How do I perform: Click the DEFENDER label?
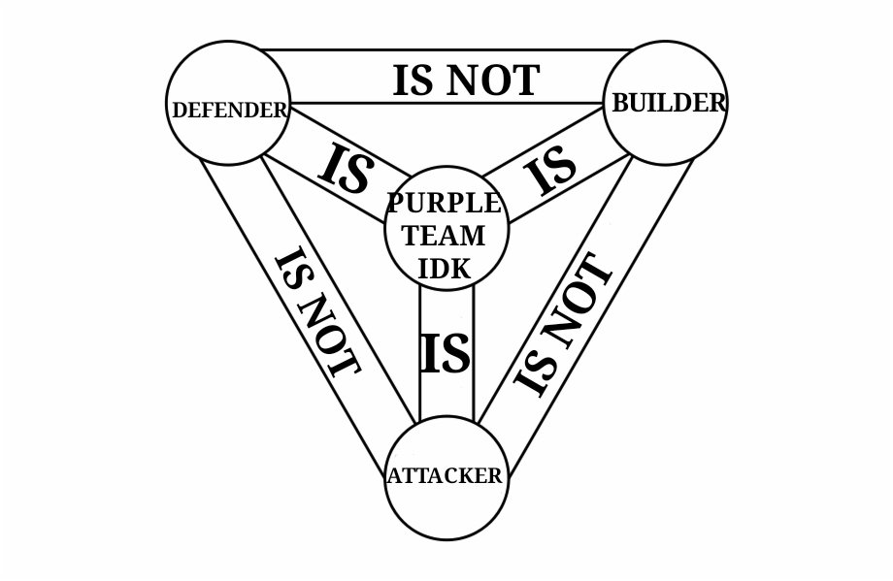click(x=229, y=110)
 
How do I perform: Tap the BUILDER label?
click(x=668, y=103)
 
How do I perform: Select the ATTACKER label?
click(x=446, y=476)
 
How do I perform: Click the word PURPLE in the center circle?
click(x=446, y=205)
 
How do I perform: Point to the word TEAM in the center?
click(x=446, y=236)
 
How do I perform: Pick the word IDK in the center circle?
click(x=445, y=267)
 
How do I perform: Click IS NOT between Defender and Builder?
click(x=465, y=80)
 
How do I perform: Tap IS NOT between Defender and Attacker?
click(x=316, y=313)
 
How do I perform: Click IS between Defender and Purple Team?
click(x=346, y=168)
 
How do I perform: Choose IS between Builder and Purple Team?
click(x=550, y=172)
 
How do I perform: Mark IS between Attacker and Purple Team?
click(x=446, y=354)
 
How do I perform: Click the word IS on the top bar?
click(x=413, y=80)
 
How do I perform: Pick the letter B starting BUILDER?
click(x=619, y=104)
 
